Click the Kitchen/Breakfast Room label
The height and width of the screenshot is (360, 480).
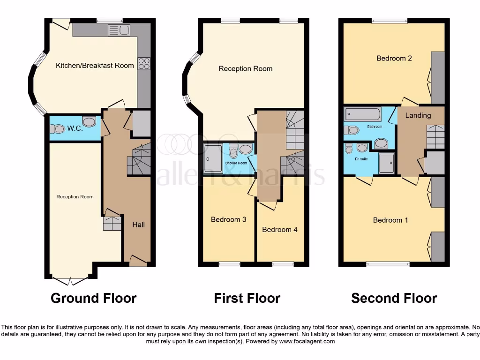95,66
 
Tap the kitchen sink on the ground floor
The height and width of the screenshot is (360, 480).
119,31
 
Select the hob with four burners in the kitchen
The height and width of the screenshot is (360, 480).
144,63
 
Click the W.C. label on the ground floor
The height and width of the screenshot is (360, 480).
75,128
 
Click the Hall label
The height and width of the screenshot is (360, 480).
138,225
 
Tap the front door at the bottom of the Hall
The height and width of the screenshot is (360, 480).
138,261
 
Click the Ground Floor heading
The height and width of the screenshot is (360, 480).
93,298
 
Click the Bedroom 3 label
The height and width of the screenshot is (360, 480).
228,219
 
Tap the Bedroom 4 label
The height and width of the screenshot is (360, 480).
279,230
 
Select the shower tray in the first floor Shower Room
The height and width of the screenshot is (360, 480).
214,158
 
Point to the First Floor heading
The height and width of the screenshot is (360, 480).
247,298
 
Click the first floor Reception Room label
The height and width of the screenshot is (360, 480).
245,69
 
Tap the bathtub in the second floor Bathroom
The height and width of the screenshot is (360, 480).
363,114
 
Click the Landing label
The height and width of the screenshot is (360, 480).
418,115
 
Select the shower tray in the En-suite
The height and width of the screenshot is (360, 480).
387,162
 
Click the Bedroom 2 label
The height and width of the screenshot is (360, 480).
394,59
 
